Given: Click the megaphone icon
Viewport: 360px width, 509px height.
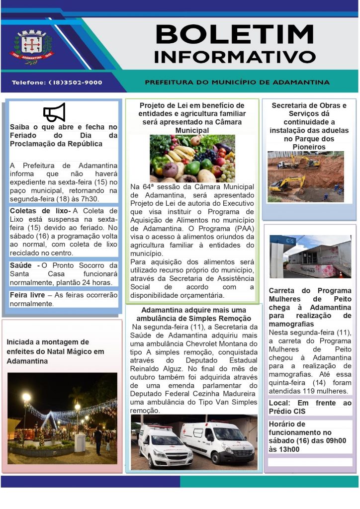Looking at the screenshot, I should point(54,113).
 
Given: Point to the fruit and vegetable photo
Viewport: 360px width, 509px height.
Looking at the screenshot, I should point(192,158).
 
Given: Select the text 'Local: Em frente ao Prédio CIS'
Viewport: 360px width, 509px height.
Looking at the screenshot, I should point(310,407).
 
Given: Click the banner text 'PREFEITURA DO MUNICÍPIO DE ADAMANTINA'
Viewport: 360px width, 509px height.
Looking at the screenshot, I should point(237,82).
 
